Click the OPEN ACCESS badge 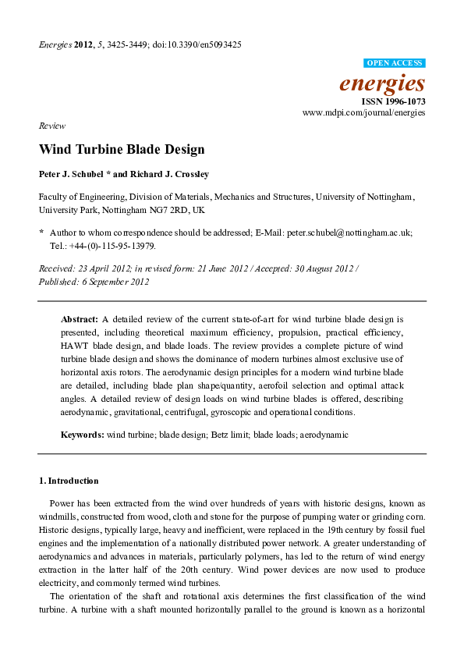pyautogui.click(x=395, y=62)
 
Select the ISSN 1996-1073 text pyautogui.click(x=393, y=101)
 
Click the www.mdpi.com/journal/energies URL pyautogui.click(x=364, y=113)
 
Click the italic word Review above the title pyautogui.click(x=51, y=126)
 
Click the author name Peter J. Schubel pyautogui.click(x=71, y=175)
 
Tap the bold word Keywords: pyautogui.click(x=83, y=434)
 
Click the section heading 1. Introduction pyautogui.click(x=69, y=481)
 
